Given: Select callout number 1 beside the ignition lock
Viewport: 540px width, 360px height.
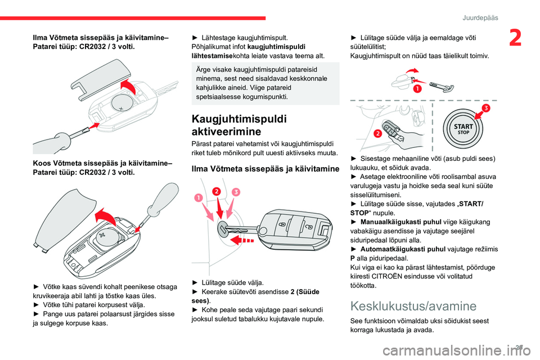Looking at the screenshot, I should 197,197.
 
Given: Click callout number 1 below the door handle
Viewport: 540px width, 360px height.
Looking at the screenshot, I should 418,88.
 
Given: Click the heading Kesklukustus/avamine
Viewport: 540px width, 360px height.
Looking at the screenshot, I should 413,306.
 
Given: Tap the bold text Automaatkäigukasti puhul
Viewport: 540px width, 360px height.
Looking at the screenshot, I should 400,249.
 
